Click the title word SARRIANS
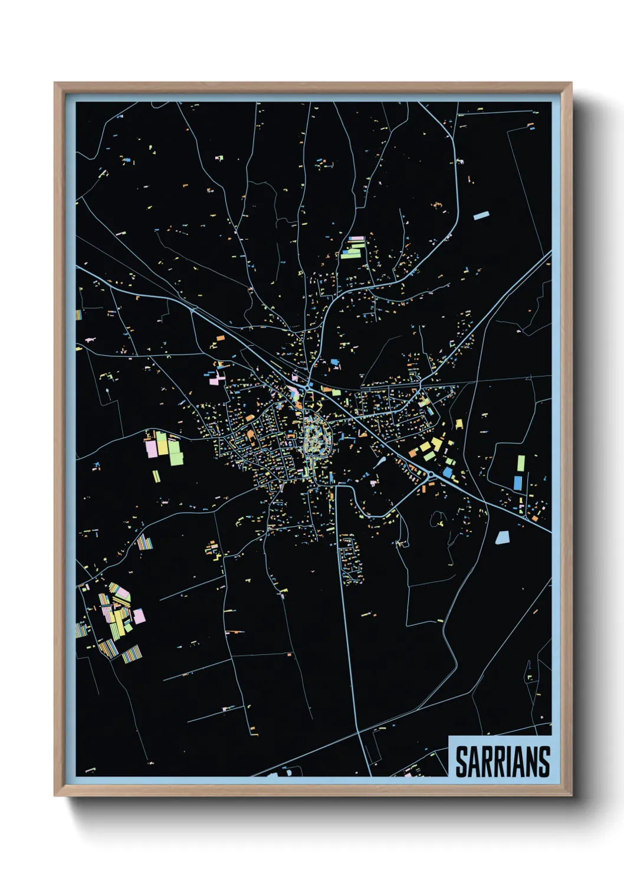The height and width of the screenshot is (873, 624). point(503,762)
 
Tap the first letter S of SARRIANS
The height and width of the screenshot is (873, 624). point(461,762)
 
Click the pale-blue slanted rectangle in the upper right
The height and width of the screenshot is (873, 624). point(481,216)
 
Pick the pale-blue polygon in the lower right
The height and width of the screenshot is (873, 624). point(502,537)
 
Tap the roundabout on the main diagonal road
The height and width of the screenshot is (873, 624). point(432,474)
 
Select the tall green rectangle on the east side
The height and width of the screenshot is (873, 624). point(521,464)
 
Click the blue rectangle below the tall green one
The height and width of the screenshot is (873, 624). point(518,483)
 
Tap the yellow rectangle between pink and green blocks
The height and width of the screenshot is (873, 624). point(161,444)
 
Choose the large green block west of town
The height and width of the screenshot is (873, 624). point(176,453)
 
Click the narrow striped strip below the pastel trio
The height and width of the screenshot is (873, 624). point(156,475)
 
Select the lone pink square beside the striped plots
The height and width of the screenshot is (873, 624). point(139,616)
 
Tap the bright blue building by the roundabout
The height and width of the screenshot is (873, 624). point(447,472)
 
